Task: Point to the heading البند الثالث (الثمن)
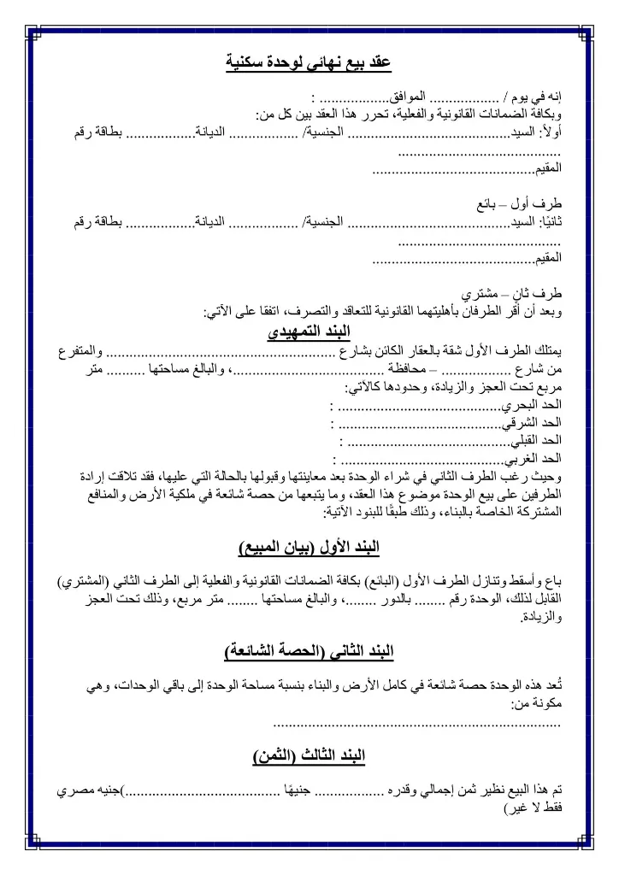coord(309,756)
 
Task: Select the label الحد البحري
coord(538,404)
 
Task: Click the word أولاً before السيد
coord(551,132)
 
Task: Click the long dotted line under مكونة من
coord(416,725)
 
